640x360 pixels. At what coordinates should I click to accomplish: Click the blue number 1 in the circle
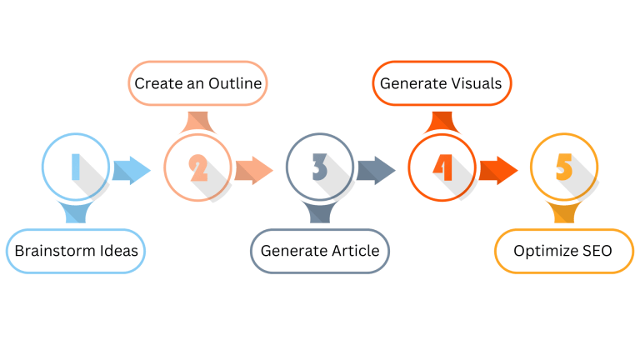[75, 167]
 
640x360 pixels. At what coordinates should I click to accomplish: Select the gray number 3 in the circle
[320, 168]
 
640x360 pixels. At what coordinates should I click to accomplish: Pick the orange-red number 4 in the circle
[442, 168]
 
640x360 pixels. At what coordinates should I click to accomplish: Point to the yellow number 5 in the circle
[564, 167]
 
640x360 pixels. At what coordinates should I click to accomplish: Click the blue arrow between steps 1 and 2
[131, 170]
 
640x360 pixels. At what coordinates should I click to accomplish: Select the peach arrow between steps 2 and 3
[253, 170]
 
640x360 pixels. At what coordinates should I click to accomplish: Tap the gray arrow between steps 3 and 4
[376, 170]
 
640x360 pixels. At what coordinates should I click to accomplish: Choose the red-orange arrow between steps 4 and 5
[497, 170]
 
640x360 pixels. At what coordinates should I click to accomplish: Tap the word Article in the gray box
[352, 251]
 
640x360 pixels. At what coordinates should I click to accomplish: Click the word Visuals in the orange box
[473, 83]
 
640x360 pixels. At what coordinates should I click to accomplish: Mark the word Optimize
[543, 251]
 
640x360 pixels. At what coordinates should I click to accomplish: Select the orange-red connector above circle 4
[442, 122]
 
